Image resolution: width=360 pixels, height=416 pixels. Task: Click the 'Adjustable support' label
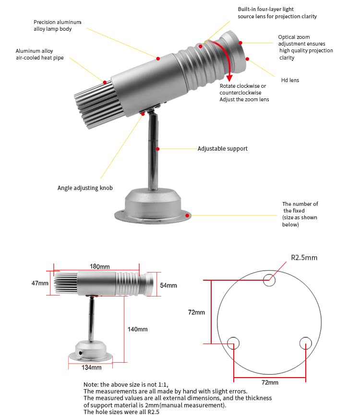click(222, 149)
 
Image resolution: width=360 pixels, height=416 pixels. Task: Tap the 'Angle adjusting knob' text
click(85, 188)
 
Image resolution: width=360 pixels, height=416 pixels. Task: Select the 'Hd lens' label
click(290, 80)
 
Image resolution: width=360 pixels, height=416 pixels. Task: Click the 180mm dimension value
click(99, 266)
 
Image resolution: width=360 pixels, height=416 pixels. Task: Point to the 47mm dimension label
click(40, 283)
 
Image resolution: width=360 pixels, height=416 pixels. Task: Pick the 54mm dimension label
click(168, 285)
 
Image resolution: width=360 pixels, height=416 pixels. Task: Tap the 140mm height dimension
click(137, 329)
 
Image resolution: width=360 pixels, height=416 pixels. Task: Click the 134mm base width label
click(91, 368)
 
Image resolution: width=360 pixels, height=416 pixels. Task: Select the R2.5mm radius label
click(304, 258)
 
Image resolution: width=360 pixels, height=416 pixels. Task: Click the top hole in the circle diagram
click(269, 280)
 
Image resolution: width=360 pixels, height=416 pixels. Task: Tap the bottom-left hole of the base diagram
click(233, 343)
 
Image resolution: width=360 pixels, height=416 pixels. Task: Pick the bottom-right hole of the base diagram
click(306, 343)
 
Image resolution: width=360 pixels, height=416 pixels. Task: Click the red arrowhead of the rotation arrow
click(229, 78)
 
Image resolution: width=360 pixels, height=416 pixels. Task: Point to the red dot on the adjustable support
click(157, 149)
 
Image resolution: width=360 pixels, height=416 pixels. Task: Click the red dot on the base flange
click(187, 215)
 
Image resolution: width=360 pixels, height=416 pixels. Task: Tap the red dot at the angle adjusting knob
click(143, 114)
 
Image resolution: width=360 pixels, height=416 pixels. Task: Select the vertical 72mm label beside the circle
click(196, 312)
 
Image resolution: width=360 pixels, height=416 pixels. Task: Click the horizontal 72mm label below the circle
click(270, 382)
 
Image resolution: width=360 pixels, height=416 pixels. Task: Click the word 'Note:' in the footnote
click(91, 384)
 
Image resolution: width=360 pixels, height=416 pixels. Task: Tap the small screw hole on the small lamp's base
click(81, 353)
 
